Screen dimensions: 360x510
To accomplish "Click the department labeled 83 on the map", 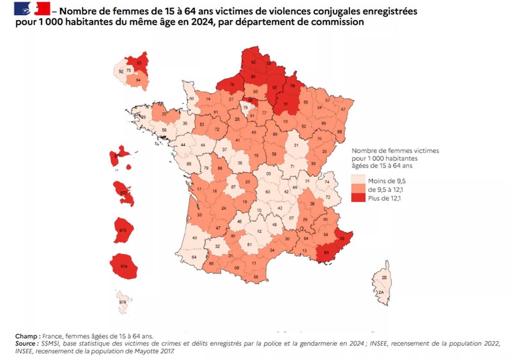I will [326, 252].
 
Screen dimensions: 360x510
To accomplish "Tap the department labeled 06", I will [342, 238].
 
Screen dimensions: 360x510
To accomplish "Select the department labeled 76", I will [232, 84].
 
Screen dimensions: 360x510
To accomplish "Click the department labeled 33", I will [199, 215].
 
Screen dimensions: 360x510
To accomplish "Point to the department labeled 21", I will [296, 145].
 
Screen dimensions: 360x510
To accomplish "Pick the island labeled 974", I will [124, 266].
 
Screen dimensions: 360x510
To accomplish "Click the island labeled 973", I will [123, 230].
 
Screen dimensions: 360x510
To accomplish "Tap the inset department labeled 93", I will [139, 63].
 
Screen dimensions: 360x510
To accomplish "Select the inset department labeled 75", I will [129, 70].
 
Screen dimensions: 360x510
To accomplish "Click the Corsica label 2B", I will [384, 277].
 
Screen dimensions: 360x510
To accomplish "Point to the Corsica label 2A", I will [381, 292].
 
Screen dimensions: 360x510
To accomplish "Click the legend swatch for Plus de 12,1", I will [358, 198].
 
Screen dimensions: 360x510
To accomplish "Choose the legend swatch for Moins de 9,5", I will [358, 181].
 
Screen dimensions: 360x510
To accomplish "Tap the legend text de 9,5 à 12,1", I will [385, 190].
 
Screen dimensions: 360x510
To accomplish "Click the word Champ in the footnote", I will [26, 336].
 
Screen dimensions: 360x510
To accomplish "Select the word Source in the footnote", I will [25, 343].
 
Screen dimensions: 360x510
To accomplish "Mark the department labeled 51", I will [286, 104].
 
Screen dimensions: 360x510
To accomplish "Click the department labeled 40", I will [194, 238].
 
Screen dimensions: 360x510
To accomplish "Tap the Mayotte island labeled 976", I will [123, 302].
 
